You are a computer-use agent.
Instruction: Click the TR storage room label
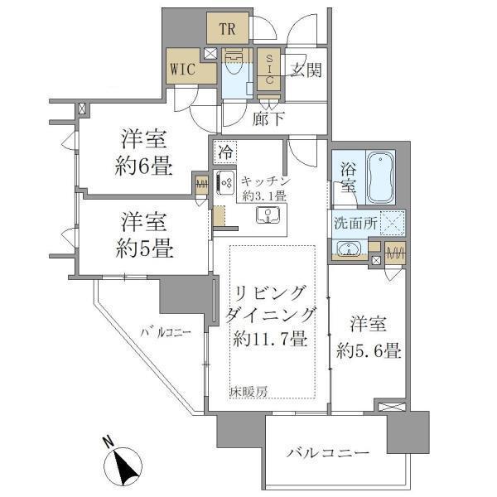tap(229, 30)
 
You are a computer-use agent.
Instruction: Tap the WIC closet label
tap(182, 69)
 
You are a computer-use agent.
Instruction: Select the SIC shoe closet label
tap(270, 70)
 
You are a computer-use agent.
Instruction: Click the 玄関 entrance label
tap(305, 70)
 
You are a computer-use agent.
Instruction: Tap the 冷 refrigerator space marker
tap(225, 152)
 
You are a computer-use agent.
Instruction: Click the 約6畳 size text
tap(143, 166)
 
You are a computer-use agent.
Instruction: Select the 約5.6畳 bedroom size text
tap(369, 350)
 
